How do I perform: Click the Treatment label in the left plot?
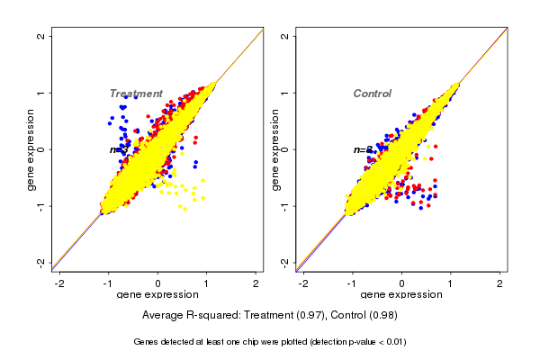[x=136, y=94]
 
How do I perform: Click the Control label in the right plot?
[x=372, y=94]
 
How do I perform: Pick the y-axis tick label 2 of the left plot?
[x=42, y=36]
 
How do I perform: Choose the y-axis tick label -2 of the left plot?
[x=42, y=262]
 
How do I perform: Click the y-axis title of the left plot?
[x=31, y=149]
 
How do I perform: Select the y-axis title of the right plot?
[x=274, y=149]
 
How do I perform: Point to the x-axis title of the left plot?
[x=157, y=295]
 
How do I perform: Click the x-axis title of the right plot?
[x=401, y=295]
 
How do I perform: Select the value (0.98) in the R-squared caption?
[x=380, y=315]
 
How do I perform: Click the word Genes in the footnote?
[x=148, y=342]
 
